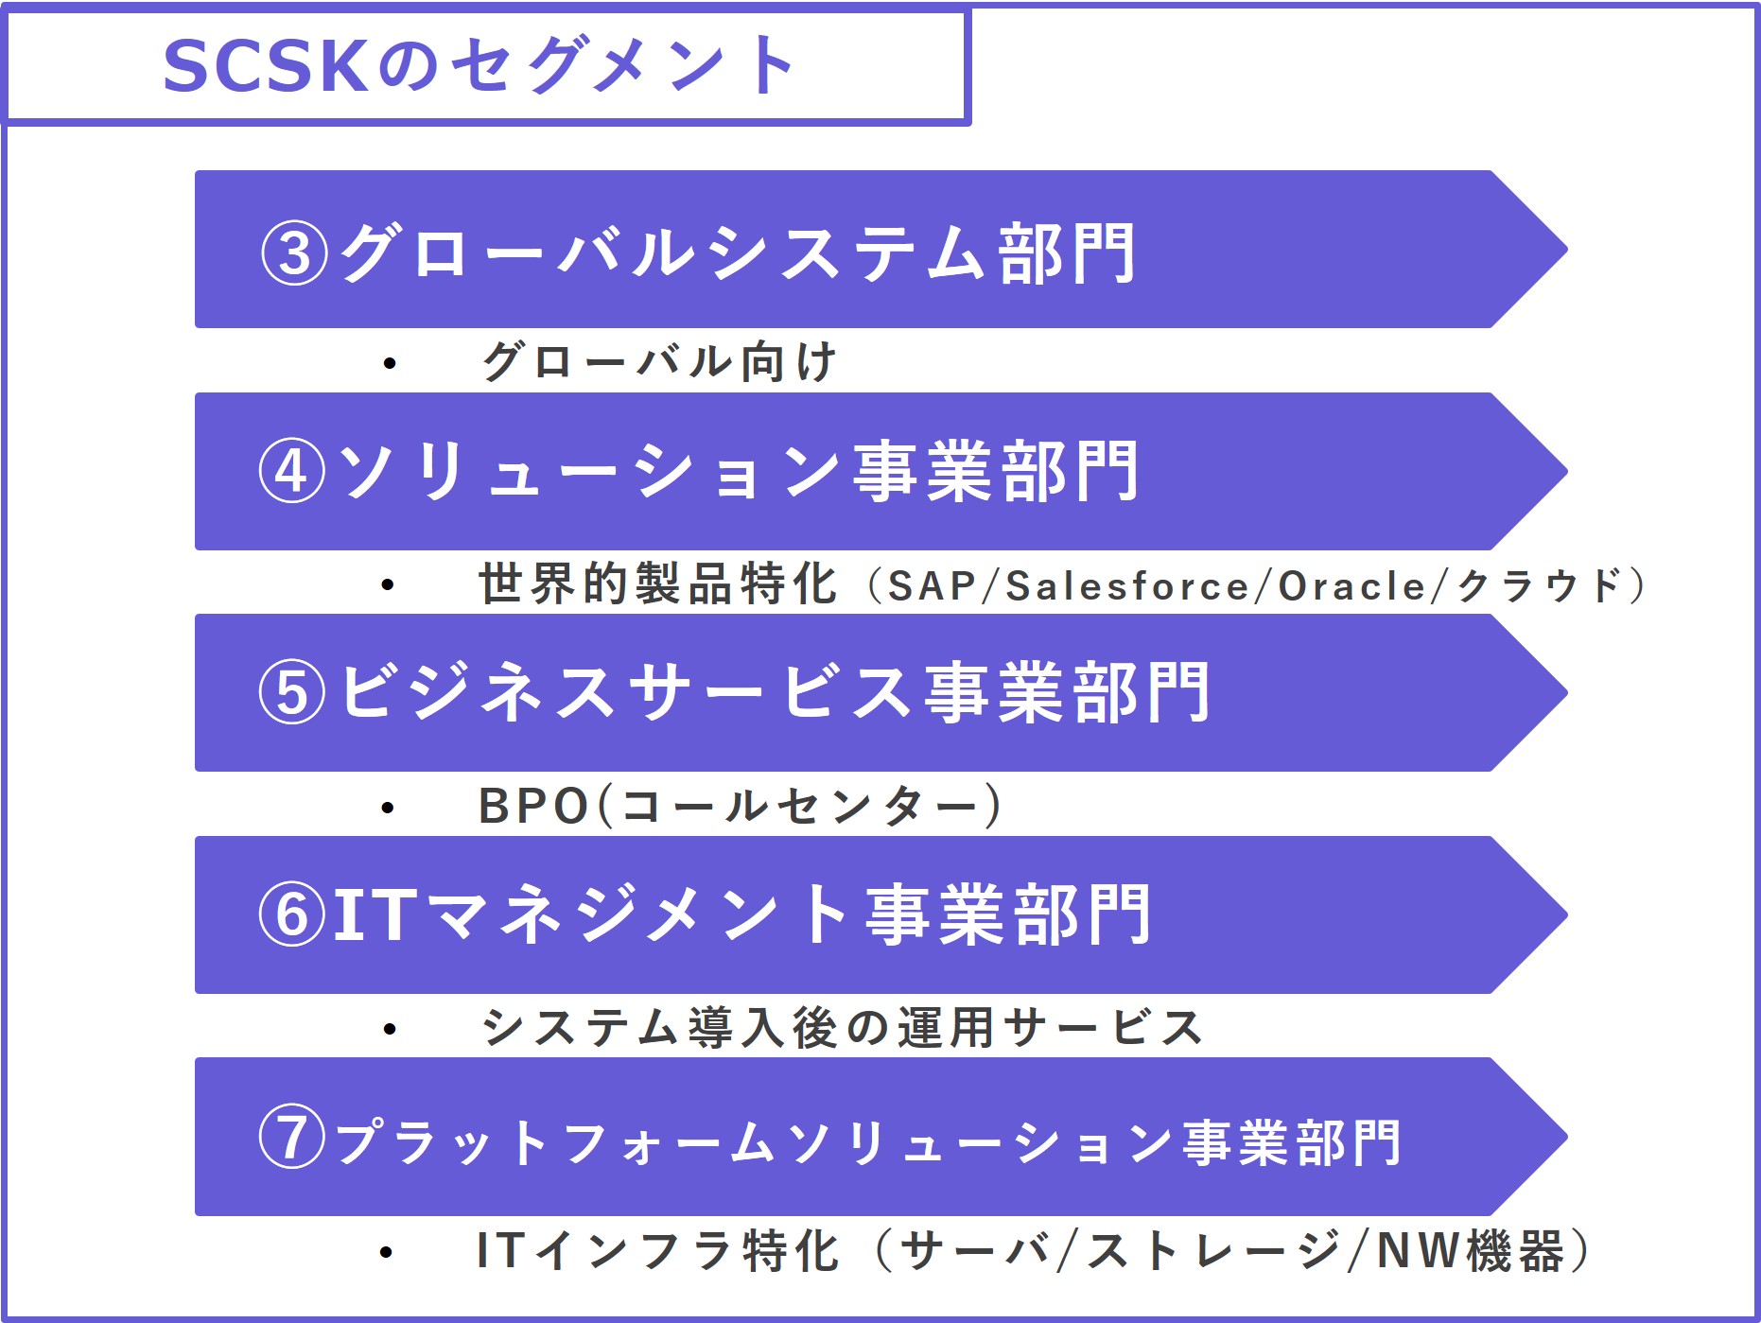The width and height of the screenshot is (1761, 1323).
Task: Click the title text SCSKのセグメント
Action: point(479,66)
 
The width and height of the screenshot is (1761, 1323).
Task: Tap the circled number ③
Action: point(294,253)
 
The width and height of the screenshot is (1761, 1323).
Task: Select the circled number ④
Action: point(292,471)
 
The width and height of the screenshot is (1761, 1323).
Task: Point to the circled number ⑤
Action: point(292,692)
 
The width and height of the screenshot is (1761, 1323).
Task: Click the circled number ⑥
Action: point(292,914)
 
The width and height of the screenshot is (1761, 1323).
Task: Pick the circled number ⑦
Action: point(292,1138)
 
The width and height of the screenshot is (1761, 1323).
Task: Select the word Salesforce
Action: point(1127,586)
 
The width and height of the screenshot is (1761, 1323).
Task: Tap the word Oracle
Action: point(1351,586)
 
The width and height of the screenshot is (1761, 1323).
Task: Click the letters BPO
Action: point(534,807)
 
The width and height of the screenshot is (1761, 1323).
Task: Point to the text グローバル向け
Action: point(659,362)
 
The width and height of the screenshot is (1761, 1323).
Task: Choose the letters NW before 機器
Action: point(1419,1250)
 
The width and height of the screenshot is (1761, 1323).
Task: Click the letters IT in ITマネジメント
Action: point(375,914)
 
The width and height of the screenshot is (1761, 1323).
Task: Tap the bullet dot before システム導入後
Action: point(389,1029)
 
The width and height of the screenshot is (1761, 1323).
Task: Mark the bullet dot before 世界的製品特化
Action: point(388,585)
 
